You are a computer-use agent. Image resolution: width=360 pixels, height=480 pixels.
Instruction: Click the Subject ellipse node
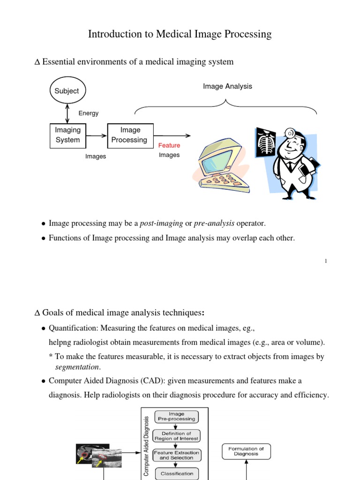[x=67, y=91]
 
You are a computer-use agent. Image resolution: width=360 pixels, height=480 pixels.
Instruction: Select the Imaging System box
[x=67, y=135]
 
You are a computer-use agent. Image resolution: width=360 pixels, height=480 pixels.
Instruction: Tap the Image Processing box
[x=129, y=135]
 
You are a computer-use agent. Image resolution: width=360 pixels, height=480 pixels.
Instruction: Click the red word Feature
[x=169, y=146]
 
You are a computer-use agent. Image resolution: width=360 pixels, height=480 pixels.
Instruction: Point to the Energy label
[x=89, y=113]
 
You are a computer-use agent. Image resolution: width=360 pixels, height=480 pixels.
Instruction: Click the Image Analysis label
[x=227, y=86]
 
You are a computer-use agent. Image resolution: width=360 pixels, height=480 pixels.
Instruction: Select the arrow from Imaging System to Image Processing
[x=96, y=135]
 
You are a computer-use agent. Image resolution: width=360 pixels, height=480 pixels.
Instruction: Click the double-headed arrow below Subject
[x=68, y=113]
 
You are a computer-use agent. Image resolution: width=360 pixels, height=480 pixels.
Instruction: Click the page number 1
[x=325, y=261]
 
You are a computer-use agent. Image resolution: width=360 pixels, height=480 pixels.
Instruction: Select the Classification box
[x=176, y=473]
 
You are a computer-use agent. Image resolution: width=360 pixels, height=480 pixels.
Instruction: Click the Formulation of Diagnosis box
[x=246, y=452]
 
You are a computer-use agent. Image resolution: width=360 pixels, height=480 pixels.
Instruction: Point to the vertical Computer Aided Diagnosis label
[x=146, y=445]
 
